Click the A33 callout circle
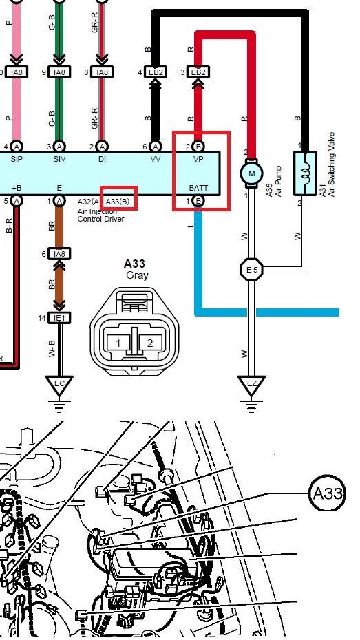coord(328,493)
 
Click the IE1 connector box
coord(60,318)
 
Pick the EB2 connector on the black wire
coord(156,72)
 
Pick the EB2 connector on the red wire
coord(198,72)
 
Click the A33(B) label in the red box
coord(119,201)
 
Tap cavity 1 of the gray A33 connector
coord(118,342)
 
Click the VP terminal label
coord(198,158)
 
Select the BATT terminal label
coord(198,187)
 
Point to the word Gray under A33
coord(137,275)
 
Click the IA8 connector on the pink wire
coord(16,72)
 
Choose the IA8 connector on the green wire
coord(59,72)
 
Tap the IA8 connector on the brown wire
coord(59,253)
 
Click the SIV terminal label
coord(59,158)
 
